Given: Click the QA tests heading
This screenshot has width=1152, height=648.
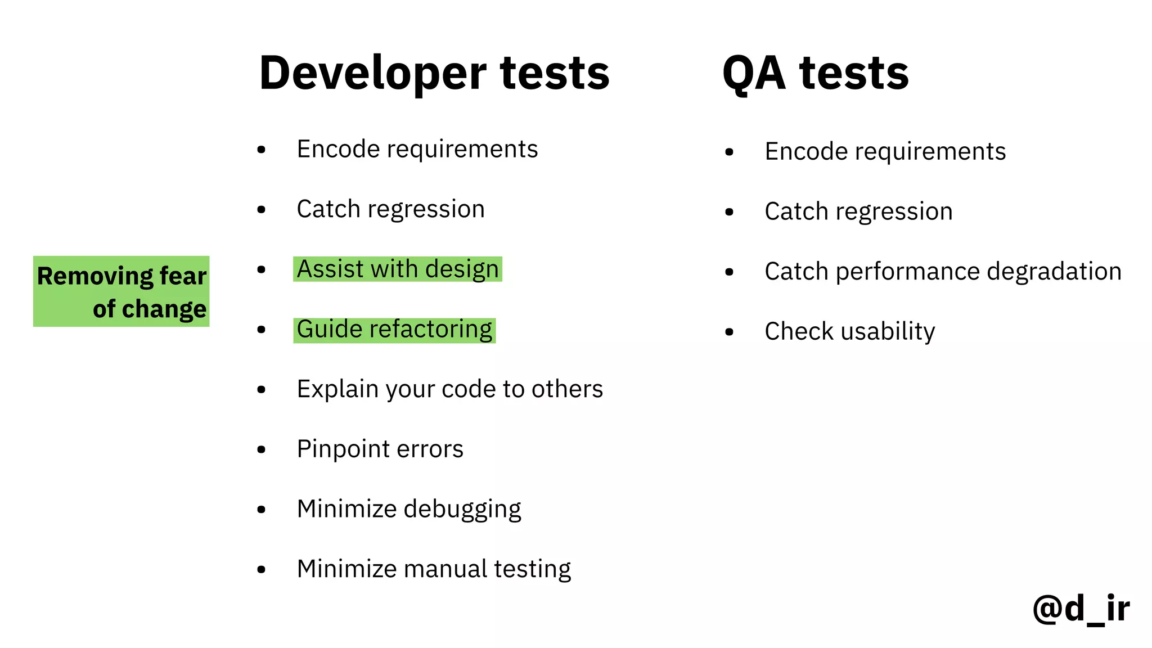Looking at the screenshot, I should (x=815, y=73).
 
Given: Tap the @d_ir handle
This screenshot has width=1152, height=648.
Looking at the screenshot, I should (x=1081, y=609).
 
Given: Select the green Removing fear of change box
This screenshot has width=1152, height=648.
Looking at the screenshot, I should (x=121, y=291).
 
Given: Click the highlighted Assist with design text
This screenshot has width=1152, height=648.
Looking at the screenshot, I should (x=397, y=269).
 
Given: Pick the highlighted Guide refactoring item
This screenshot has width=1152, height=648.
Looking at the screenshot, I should (x=394, y=330).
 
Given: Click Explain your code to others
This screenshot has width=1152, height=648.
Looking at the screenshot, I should (x=449, y=389).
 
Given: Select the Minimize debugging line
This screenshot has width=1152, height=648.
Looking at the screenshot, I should (x=409, y=509).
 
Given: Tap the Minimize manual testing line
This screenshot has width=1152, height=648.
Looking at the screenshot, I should (x=434, y=569).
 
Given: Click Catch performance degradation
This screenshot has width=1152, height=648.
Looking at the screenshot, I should (x=943, y=272).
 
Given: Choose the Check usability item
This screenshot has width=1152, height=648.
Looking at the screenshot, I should (x=849, y=331).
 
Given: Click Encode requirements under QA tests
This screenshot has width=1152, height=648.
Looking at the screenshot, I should (x=885, y=152).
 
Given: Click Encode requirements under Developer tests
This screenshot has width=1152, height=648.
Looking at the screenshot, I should (x=417, y=150).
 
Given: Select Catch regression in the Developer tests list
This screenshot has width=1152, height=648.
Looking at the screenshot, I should (x=390, y=209).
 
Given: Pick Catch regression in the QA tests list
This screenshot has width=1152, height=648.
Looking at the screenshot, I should (x=858, y=212).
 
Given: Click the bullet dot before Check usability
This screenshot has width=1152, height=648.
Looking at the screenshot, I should (x=730, y=332).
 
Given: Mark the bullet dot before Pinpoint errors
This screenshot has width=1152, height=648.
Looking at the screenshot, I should (x=261, y=449).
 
